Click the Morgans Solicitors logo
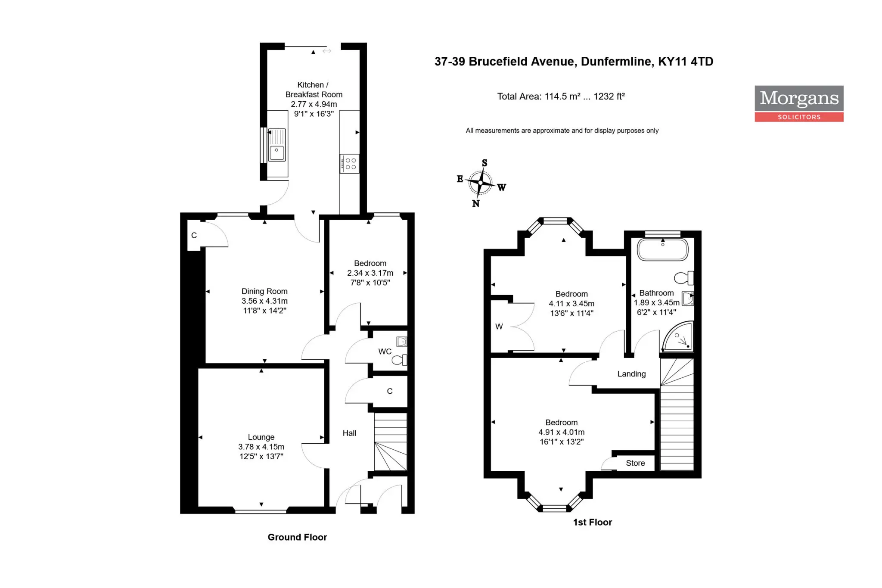(799, 103)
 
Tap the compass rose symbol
(481, 183)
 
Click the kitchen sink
(277, 145)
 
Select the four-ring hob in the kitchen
(349, 164)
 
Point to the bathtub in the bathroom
(662, 249)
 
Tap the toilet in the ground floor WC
(399, 360)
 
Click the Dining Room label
(264, 291)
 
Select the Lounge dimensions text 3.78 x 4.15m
(261, 447)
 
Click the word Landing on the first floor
(631, 374)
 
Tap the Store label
(635, 463)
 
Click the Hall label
(349, 433)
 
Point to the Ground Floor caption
(297, 537)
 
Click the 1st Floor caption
(592, 522)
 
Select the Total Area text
(561, 96)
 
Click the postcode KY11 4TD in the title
(686, 62)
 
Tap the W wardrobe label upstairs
(499, 327)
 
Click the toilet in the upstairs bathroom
(684, 278)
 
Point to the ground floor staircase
(391, 442)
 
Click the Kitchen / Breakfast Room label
(314, 90)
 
